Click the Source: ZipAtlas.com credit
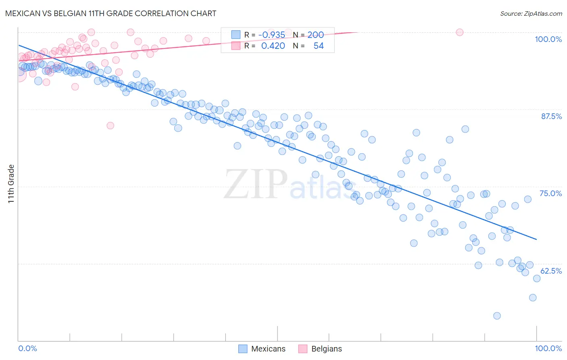point(531,13)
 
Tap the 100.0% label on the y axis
point(548,39)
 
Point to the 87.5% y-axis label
point(551,116)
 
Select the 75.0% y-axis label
point(550,193)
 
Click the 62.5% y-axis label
point(551,271)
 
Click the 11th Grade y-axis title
point(11,184)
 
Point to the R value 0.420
point(273,46)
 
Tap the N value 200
point(315,35)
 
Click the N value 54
point(319,46)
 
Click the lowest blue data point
point(497,316)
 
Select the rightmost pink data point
point(459,32)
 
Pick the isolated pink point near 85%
point(110,126)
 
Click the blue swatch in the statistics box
point(236,35)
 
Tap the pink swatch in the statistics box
point(236,46)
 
